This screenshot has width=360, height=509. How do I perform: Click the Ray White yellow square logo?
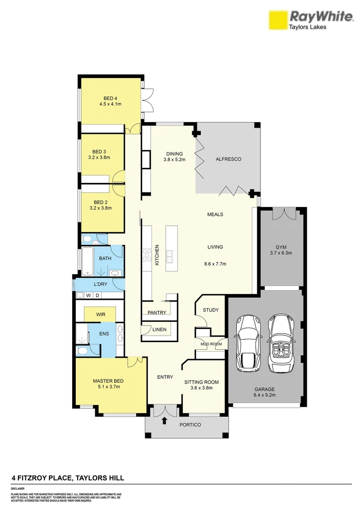click(278, 21)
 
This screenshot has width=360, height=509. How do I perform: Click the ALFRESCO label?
click(228, 159)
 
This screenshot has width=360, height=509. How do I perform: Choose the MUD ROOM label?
click(212, 344)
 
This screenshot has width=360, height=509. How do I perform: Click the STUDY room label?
click(211, 310)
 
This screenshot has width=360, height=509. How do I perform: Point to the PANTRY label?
click(156, 312)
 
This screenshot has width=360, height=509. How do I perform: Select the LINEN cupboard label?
click(159, 329)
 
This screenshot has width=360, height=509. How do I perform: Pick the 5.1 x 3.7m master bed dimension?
click(106, 387)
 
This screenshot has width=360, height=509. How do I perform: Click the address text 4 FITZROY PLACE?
click(42, 478)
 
